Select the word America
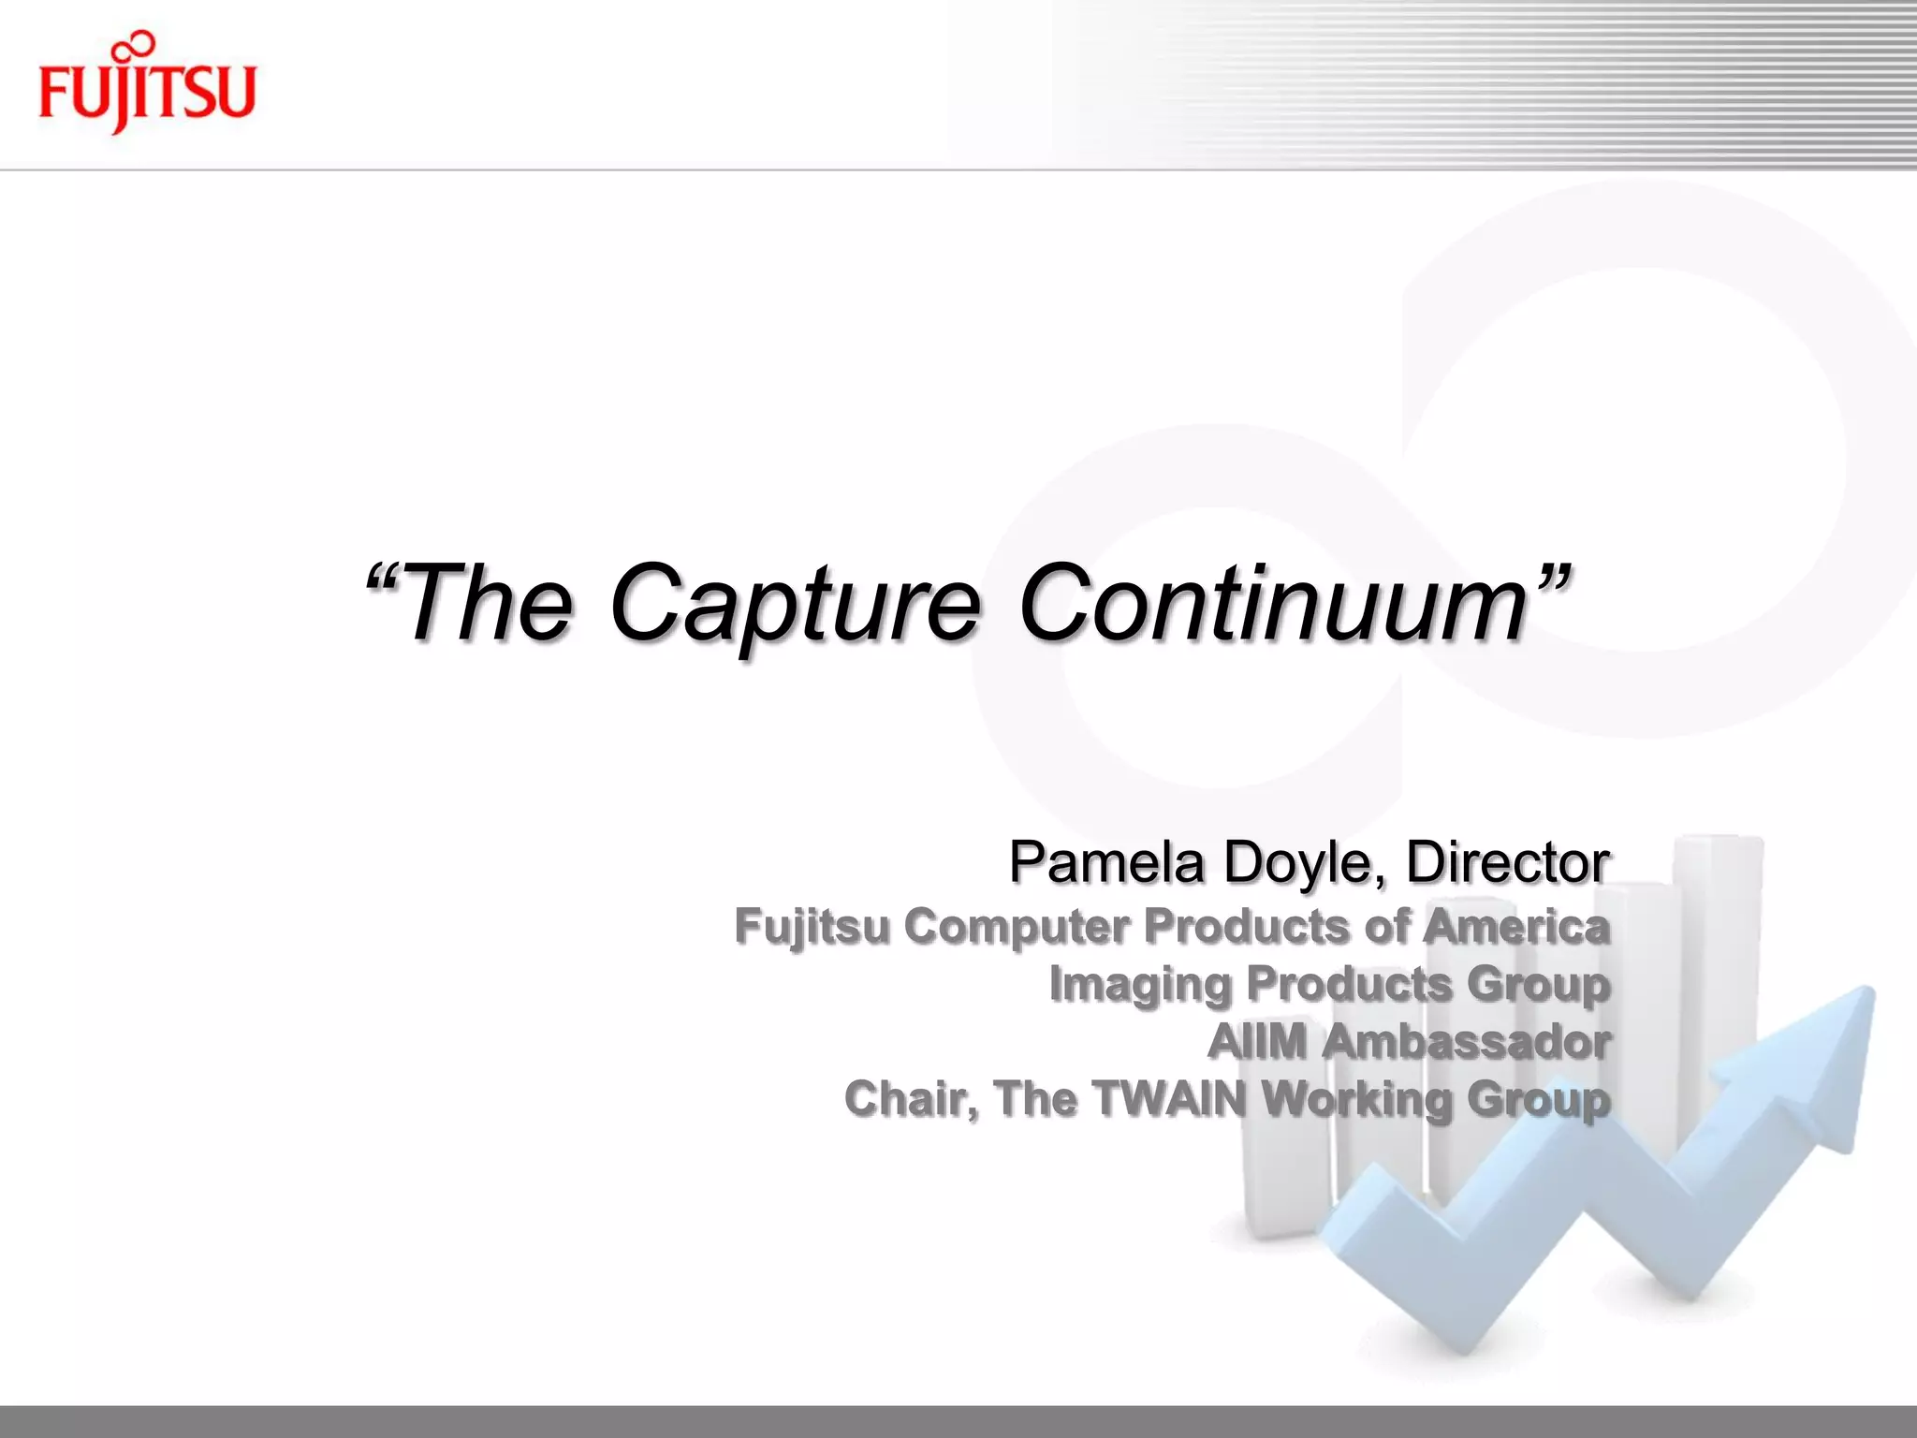pos(1516,926)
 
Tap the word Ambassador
pos(1466,1041)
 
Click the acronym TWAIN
pos(1169,1098)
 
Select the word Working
pos(1356,1100)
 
